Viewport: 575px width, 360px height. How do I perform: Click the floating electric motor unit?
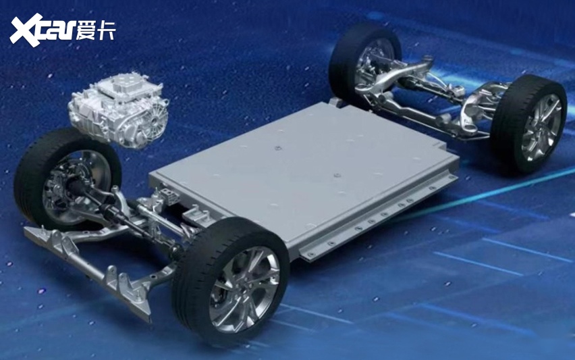[118, 110]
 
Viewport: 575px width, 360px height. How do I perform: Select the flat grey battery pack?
[304, 176]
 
